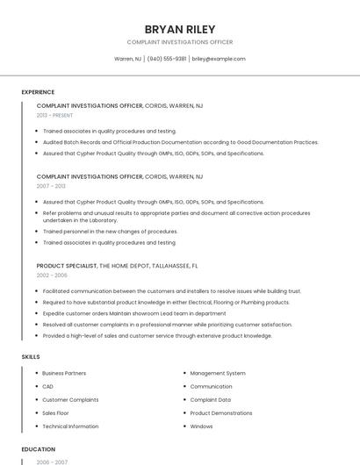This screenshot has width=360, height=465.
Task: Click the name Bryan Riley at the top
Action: pyautogui.click(x=179, y=29)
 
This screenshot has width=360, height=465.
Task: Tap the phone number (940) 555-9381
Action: pyautogui.click(x=167, y=59)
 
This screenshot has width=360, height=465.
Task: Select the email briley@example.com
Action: pyautogui.click(x=219, y=59)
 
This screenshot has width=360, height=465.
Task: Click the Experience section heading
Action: pyautogui.click(x=38, y=92)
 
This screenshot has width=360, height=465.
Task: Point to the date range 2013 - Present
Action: pyautogui.click(x=54, y=115)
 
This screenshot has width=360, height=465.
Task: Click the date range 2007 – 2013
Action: pyautogui.click(x=51, y=186)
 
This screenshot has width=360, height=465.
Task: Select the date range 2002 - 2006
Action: pyautogui.click(x=52, y=275)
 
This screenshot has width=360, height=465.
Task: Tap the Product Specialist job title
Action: pyautogui.click(x=66, y=265)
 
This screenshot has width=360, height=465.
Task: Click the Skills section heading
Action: pyautogui.click(x=31, y=357)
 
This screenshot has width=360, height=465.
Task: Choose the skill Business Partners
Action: pyautogui.click(x=64, y=374)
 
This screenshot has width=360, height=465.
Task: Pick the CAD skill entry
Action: pyautogui.click(x=47, y=387)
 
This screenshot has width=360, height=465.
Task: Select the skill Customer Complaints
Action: pyautogui.click(x=70, y=400)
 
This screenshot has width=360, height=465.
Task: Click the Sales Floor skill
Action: pyautogui.click(x=55, y=413)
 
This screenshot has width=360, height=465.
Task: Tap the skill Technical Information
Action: pyautogui.click(x=70, y=426)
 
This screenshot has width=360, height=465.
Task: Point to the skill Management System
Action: pyautogui.click(x=218, y=374)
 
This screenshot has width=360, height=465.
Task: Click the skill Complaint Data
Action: pyautogui.click(x=210, y=400)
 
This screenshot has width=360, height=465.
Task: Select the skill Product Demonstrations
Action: pyautogui.click(x=221, y=413)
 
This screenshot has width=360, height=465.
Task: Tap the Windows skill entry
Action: pyautogui.click(x=201, y=426)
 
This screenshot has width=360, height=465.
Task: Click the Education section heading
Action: pyautogui.click(x=38, y=449)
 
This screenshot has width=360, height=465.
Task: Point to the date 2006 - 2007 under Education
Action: pyautogui.click(x=52, y=461)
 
